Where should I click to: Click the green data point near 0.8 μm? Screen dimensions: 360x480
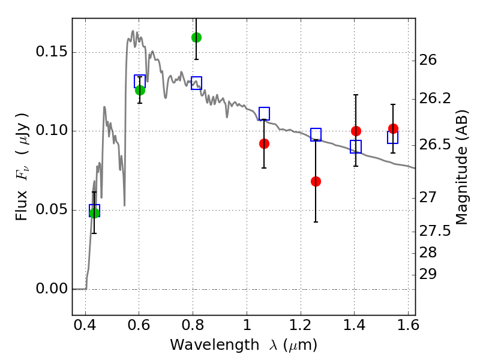(196, 37)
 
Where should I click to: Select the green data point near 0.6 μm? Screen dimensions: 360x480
(140, 90)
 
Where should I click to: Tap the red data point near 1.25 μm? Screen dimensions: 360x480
(316, 181)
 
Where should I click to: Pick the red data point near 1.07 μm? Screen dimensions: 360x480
(264, 143)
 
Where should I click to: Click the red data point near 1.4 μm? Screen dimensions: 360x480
(356, 131)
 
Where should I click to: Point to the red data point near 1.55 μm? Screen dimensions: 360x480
(393, 128)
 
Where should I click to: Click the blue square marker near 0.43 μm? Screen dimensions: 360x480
(94, 210)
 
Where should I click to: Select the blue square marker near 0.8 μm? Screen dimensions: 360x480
(196, 83)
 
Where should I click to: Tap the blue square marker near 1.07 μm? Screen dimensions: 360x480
(264, 113)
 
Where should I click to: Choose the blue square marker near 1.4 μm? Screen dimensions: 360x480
(356, 146)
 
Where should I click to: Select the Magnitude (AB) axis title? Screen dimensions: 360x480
(461, 169)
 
